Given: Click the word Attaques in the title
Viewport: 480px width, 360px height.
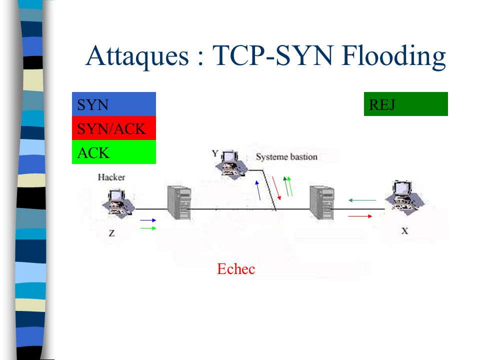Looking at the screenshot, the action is [x=137, y=56].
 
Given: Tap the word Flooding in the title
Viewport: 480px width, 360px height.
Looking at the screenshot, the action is [x=393, y=56].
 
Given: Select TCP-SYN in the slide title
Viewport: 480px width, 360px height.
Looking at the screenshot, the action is [x=272, y=55].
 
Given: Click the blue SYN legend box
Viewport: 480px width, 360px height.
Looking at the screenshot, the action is [x=114, y=104].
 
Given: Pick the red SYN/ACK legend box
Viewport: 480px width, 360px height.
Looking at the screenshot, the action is [x=114, y=128].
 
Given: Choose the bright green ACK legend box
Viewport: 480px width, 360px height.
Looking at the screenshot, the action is [x=114, y=152].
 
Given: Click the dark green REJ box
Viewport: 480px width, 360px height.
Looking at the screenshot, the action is [x=405, y=104].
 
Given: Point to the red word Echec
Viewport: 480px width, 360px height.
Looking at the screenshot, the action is [x=236, y=269].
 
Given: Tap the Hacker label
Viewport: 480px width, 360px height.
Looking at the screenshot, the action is [x=111, y=177].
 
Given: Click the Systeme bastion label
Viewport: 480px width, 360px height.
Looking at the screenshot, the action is [x=286, y=157].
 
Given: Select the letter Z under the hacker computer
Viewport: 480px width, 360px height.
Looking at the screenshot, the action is [x=111, y=233].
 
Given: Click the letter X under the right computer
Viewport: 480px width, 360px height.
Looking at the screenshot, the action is [x=404, y=231].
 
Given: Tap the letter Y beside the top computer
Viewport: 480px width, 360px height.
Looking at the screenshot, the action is [x=215, y=153].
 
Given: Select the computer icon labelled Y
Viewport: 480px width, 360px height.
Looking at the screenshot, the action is [x=231, y=164].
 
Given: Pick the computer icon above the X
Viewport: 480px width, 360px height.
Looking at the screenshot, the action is [x=404, y=198].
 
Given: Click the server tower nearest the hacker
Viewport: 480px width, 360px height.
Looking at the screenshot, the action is [x=179, y=202].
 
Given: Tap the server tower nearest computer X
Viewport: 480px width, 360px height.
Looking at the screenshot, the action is [x=321, y=202].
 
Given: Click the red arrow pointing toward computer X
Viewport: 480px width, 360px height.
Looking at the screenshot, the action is [x=360, y=216].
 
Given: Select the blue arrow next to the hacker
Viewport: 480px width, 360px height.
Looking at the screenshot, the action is [x=148, y=220].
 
